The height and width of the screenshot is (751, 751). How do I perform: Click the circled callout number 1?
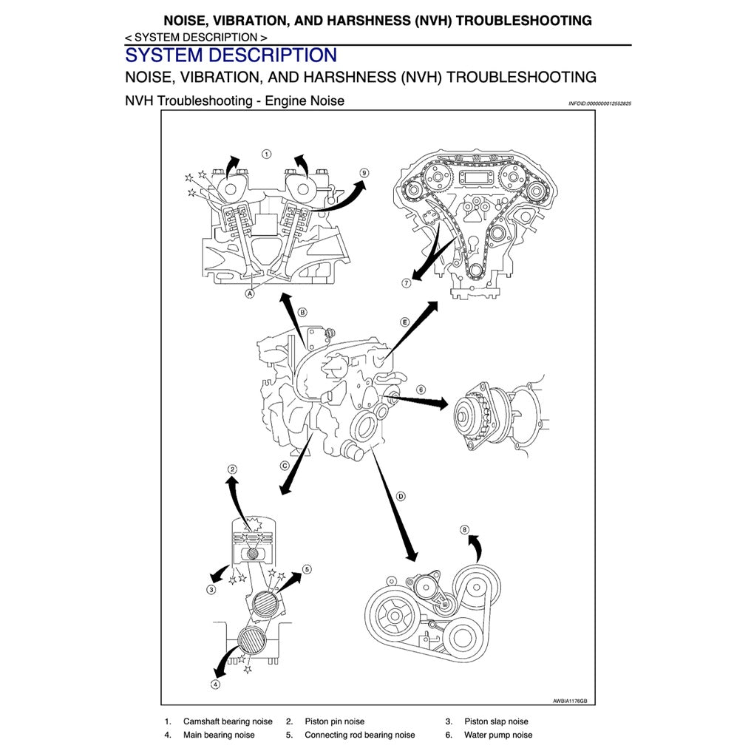pos(266,154)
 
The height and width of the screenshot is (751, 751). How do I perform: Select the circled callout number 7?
pos(407,283)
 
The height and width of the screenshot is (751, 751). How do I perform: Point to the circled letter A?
pos(250,293)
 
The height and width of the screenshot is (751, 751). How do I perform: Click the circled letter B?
pos(302,313)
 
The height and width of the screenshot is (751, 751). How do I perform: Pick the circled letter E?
pos(405,322)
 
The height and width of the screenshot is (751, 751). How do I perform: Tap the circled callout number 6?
pos(421,390)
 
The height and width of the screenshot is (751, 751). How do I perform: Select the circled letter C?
pos(284,466)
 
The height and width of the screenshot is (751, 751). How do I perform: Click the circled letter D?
pos(401,496)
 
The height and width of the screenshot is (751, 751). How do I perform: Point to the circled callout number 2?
pos(232,469)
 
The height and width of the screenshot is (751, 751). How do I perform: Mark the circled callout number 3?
pos(211,589)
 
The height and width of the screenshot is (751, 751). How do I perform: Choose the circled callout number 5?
pos(307,569)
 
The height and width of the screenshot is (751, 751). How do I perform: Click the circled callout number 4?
pos(215,684)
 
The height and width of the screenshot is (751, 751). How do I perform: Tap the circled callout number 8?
pos(464,529)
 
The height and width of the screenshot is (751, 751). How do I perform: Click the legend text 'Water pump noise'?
pos(497,735)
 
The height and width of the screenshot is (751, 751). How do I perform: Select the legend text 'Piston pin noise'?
pos(334,721)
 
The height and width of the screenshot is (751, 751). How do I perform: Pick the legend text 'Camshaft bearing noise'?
pos(228,721)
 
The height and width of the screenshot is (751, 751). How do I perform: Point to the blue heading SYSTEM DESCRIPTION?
pos(231,55)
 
